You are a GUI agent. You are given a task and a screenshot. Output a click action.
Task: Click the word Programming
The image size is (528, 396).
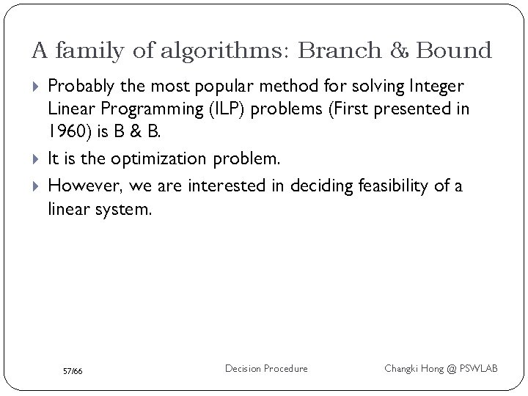[147, 109]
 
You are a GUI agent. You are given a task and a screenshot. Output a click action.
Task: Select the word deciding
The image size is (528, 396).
[320, 186]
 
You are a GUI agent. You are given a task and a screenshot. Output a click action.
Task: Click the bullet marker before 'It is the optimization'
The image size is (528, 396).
[37, 159]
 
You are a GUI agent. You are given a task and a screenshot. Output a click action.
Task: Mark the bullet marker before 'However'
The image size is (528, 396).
[37, 186]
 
